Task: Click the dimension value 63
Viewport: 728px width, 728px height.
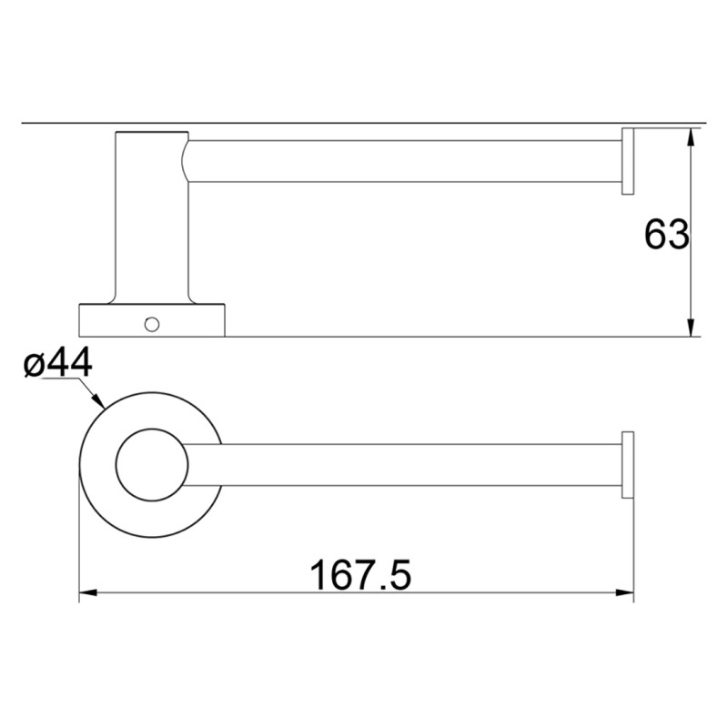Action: tap(666, 235)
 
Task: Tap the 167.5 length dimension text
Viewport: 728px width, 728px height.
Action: tap(361, 575)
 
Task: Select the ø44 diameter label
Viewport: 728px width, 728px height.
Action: tap(58, 364)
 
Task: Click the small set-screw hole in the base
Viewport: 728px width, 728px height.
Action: tap(152, 322)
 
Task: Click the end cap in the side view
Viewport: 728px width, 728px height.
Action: tap(627, 161)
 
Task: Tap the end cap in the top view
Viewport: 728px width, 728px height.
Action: tap(627, 465)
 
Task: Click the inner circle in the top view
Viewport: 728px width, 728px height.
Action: tap(152, 464)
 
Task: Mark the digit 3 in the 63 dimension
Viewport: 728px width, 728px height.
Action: tap(678, 235)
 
